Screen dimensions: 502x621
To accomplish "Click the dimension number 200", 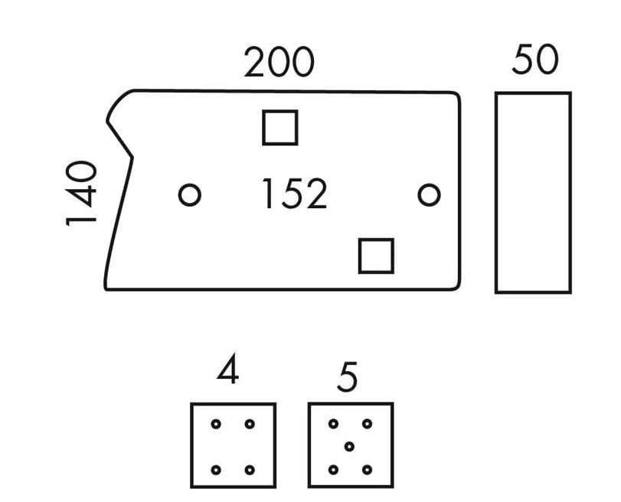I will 279,63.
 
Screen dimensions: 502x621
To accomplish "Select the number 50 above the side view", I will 535,60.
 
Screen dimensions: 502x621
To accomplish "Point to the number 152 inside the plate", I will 294,194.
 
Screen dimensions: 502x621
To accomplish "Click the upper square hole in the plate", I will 280,128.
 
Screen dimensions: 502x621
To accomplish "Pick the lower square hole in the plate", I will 376,256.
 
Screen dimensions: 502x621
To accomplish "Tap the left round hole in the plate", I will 189,195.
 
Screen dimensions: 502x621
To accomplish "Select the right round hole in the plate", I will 429,195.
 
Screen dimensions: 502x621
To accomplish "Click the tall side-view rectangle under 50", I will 533,193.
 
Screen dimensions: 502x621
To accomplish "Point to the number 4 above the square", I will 227,373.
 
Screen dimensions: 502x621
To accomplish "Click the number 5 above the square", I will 347,378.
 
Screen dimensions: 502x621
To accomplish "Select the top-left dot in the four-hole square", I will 216,424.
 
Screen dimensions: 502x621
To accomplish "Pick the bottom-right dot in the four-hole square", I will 249,469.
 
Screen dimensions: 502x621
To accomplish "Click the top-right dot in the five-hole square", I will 367,424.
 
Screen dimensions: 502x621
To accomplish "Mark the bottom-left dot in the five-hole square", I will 333,469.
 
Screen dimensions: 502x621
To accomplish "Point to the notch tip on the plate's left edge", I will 131,158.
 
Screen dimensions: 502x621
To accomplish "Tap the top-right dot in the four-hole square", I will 249,424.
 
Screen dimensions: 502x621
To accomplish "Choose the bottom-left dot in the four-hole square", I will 216,469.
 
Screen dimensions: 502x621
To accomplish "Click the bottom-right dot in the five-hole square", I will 367,469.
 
